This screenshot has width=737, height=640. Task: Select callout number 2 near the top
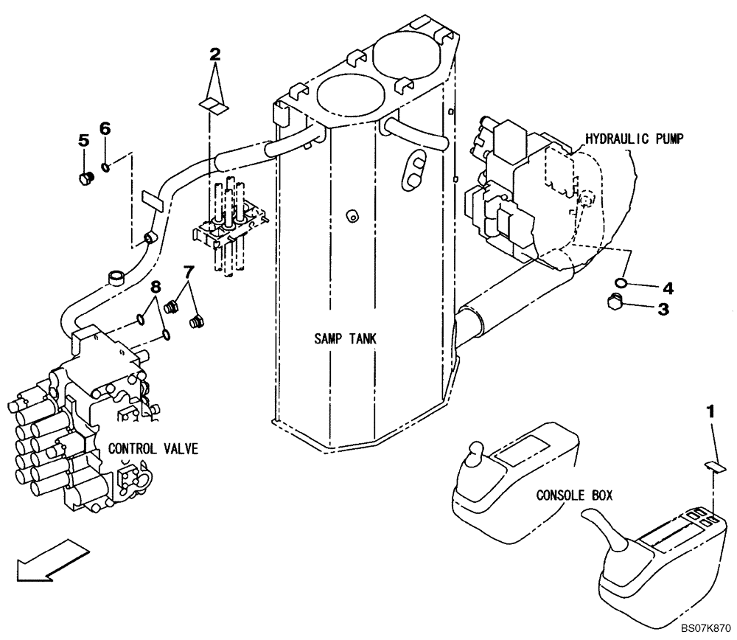click(x=214, y=54)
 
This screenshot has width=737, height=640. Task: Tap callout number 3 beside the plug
click(x=663, y=310)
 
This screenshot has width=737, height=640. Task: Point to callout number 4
click(x=667, y=287)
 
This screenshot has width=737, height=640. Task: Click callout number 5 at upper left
click(x=84, y=139)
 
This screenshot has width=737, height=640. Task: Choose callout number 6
click(x=105, y=128)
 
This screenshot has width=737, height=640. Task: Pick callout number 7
click(x=189, y=272)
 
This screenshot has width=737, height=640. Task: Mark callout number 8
click(x=156, y=286)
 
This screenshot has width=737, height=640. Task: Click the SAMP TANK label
click(x=345, y=339)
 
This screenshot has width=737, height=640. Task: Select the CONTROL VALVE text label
click(x=153, y=449)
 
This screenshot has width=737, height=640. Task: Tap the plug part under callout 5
click(x=85, y=177)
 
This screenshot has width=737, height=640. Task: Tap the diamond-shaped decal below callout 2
click(x=214, y=106)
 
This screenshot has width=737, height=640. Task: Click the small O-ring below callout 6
click(x=107, y=166)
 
